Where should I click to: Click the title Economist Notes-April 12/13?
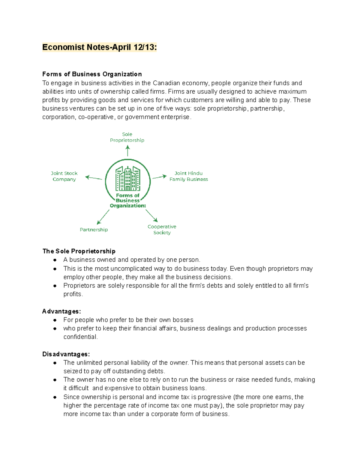99,47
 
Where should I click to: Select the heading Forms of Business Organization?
92,74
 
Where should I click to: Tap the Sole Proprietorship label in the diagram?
127,137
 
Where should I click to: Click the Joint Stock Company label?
64,176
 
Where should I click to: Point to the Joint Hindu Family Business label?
188,176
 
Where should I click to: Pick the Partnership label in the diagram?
94,230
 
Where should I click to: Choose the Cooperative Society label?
162,230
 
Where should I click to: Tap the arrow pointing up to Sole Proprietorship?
127,151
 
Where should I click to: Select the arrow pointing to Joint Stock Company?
94,178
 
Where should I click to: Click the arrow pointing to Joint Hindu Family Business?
160,177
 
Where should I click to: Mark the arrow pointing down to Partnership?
103,217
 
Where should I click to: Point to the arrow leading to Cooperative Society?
151,215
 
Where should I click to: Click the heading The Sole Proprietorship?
79,251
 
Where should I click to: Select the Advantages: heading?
61,311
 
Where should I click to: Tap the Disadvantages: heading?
66,354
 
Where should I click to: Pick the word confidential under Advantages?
80,337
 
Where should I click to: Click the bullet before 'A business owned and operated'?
55,260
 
